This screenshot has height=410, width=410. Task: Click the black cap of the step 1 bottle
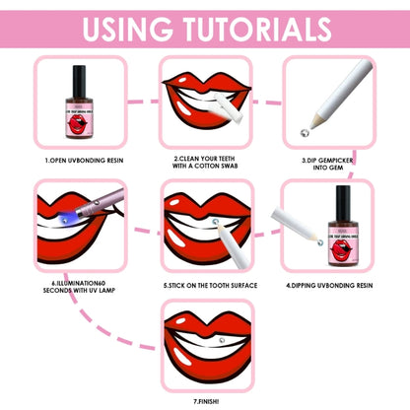point(80,73)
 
